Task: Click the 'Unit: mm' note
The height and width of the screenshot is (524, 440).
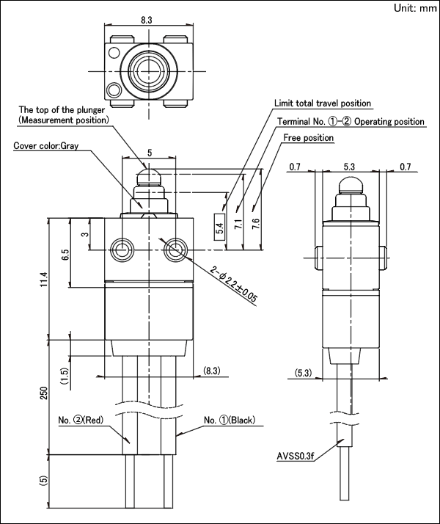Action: click(415, 8)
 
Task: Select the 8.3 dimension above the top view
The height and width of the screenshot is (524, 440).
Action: click(146, 20)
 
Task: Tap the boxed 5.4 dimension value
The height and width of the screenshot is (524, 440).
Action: click(219, 228)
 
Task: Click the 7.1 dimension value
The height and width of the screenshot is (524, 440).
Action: click(238, 224)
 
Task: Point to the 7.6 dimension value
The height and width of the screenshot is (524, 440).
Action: click(256, 224)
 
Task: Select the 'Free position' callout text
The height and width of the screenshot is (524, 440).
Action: click(309, 138)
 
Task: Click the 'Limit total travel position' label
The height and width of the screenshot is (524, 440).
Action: click(323, 103)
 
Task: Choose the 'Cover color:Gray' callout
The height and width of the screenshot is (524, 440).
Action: click(46, 146)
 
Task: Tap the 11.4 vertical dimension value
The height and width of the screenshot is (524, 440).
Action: click(45, 279)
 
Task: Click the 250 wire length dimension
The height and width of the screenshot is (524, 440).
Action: click(45, 393)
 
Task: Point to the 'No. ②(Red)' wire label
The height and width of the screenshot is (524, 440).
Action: click(81, 420)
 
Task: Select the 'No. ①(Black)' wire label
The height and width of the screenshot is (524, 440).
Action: click(230, 420)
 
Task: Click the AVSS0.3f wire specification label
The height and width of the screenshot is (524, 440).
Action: click(296, 456)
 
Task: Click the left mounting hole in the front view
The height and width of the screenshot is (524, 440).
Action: click(122, 250)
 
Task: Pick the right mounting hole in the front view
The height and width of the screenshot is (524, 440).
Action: click(175, 250)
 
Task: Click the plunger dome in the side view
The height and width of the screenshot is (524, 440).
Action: click(351, 186)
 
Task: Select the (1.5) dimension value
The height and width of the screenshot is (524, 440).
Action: click(65, 376)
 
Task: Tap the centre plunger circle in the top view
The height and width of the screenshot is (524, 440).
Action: click(149, 71)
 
